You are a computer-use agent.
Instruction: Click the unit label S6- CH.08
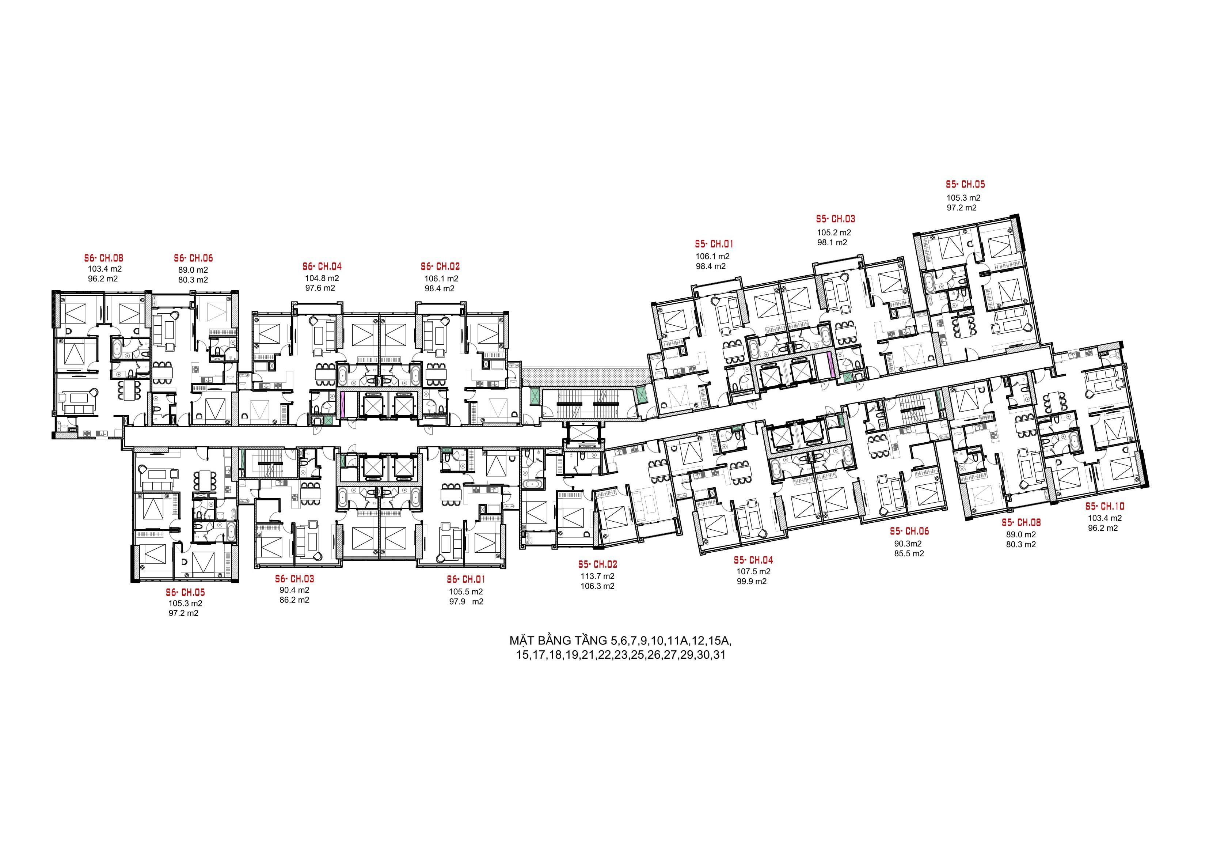tap(104, 259)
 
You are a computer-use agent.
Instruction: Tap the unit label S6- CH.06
tap(193, 259)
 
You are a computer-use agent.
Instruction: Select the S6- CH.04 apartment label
tap(322, 267)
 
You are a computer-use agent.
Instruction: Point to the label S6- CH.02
tap(440, 267)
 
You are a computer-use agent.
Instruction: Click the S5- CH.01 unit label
tap(714, 245)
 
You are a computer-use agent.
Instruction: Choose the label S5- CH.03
tap(836, 219)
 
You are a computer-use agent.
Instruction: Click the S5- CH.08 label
tap(1021, 523)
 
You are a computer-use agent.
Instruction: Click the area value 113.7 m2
tap(598, 576)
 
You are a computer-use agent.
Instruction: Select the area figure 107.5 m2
tap(753, 572)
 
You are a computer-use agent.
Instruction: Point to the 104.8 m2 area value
tap(322, 278)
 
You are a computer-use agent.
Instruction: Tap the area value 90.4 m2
tap(294, 590)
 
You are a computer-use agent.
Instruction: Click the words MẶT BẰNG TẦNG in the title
tap(559, 641)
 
